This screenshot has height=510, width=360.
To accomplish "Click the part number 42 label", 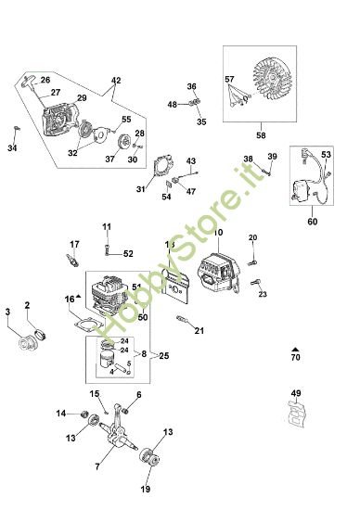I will [x=116, y=82].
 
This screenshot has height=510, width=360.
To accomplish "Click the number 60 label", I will [x=311, y=223].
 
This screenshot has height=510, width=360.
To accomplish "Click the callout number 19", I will [x=146, y=490].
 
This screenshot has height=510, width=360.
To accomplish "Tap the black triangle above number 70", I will [x=295, y=346].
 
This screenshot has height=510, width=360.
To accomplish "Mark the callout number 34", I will [x=13, y=147].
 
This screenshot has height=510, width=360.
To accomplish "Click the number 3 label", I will [x=8, y=311].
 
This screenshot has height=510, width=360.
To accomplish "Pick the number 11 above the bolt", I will [x=107, y=226].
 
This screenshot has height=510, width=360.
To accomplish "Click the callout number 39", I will [x=273, y=157].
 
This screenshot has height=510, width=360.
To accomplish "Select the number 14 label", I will [x=60, y=414].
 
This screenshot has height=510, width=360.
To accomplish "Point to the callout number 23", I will [x=263, y=295].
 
